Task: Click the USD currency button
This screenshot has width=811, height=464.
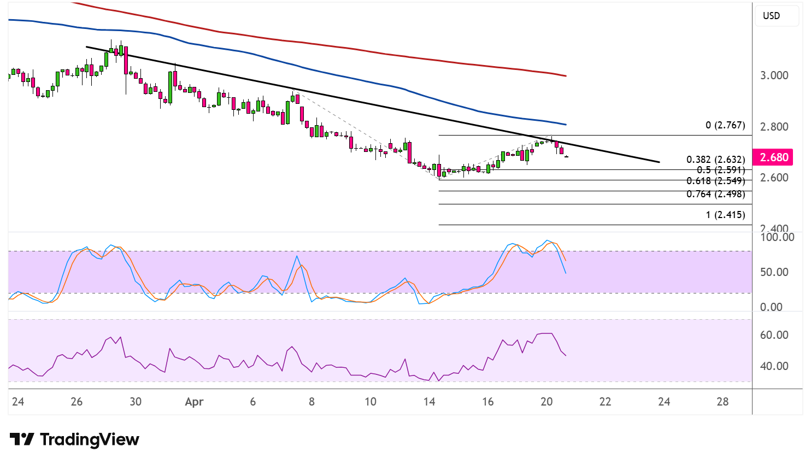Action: [x=771, y=16]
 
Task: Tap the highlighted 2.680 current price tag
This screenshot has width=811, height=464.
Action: [x=774, y=157]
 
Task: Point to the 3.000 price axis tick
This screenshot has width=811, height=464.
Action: [x=774, y=75]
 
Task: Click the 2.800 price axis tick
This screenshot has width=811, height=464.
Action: [x=774, y=127]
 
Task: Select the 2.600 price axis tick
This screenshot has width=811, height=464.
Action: [x=774, y=178]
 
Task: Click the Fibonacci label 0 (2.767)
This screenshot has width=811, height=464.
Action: [x=725, y=125]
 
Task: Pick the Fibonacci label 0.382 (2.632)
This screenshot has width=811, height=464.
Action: [x=715, y=160]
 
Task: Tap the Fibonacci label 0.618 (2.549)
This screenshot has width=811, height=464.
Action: [x=715, y=181]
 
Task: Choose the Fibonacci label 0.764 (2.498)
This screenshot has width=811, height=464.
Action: [x=715, y=194]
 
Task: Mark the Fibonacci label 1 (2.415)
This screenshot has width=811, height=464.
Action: [x=725, y=215]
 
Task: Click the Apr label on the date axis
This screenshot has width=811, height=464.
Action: [x=194, y=402]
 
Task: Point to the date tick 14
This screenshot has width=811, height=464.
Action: [x=429, y=402]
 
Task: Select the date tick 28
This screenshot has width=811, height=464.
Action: [x=722, y=402]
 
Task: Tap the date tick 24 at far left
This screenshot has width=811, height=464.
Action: [x=18, y=402]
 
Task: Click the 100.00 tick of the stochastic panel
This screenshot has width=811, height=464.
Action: [x=777, y=237]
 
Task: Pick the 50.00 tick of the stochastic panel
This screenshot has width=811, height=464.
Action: [x=774, y=272]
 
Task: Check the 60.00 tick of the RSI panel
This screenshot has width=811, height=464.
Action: [x=774, y=335]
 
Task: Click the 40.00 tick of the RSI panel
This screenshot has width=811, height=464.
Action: [x=774, y=366]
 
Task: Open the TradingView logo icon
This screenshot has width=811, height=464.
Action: [x=22, y=439]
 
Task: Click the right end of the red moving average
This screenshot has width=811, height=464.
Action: [x=566, y=75]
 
